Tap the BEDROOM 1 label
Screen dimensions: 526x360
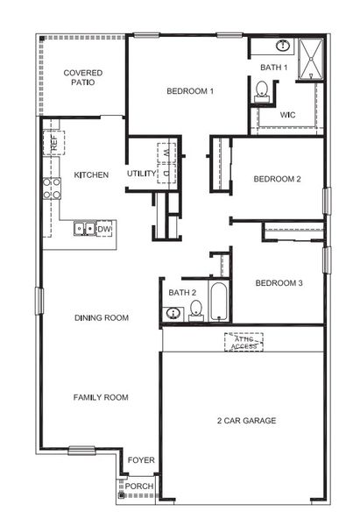click(191, 91)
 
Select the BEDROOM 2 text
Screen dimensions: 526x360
click(277, 179)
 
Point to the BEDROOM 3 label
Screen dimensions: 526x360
click(279, 283)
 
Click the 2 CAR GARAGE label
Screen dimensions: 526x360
click(246, 421)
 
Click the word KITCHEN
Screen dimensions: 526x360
click(91, 174)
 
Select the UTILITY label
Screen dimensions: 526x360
click(141, 174)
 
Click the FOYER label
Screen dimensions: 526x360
click(140, 459)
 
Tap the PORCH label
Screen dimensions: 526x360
click(138, 486)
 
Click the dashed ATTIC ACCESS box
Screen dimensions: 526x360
click(244, 342)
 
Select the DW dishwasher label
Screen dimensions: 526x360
click(105, 230)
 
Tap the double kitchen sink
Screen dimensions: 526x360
click(85, 230)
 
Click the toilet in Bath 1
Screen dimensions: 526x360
click(261, 90)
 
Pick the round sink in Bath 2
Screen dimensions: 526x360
click(173, 312)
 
